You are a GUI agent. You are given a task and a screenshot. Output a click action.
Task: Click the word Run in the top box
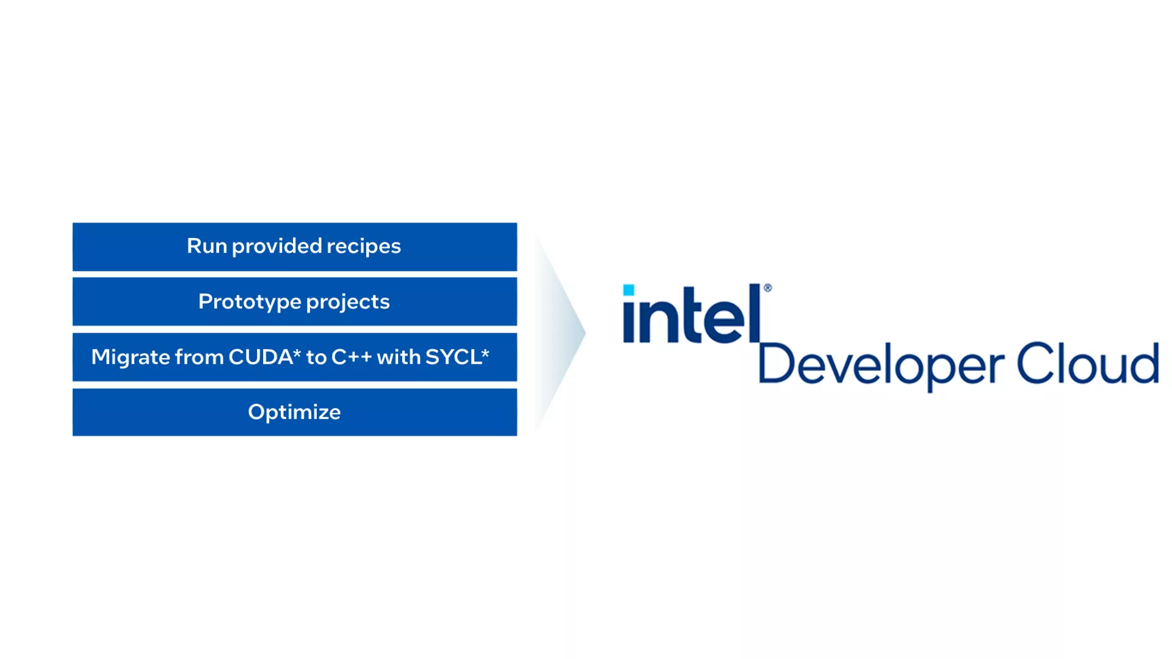coord(206,246)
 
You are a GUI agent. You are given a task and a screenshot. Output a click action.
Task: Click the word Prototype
coord(249,302)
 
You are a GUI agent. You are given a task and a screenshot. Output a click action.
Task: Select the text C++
coord(352,357)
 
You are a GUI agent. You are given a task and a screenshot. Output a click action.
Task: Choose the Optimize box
coord(294,412)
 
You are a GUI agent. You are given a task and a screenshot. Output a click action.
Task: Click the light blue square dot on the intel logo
coord(629,290)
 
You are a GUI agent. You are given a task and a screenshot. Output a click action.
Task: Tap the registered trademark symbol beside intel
coord(768,288)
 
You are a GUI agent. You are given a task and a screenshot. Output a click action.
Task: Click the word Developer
coord(880,365)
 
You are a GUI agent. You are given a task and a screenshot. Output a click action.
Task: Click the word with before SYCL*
coord(399,357)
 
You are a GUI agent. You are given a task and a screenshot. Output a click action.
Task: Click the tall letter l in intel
coord(754,312)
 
